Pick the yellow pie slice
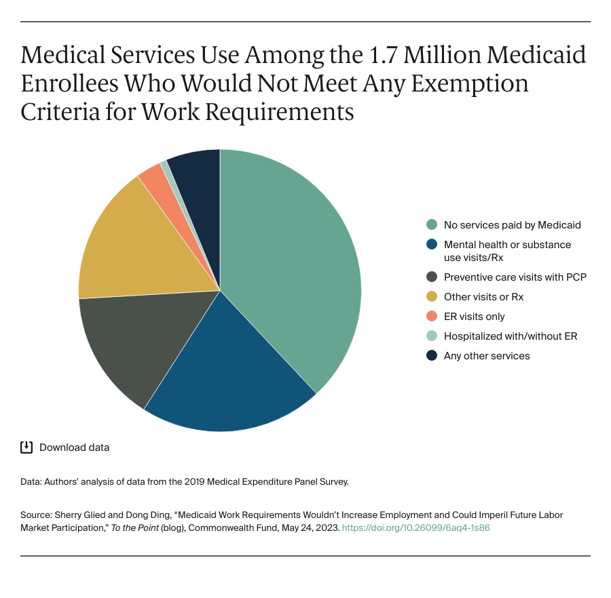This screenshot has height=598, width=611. [x=129, y=244]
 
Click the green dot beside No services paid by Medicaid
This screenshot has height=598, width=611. [x=431, y=225]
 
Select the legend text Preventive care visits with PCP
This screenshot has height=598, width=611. [x=515, y=277]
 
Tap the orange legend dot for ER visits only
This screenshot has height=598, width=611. [x=431, y=317]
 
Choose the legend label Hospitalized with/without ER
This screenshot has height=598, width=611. [x=511, y=336]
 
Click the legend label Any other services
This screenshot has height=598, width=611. [x=487, y=356]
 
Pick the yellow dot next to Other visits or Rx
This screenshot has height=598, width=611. [x=431, y=297]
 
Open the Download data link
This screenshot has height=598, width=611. [x=74, y=447]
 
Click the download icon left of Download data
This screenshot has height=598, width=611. [x=26, y=447]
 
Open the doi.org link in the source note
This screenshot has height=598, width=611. [x=415, y=527]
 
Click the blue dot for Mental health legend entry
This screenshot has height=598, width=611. [x=431, y=245]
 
